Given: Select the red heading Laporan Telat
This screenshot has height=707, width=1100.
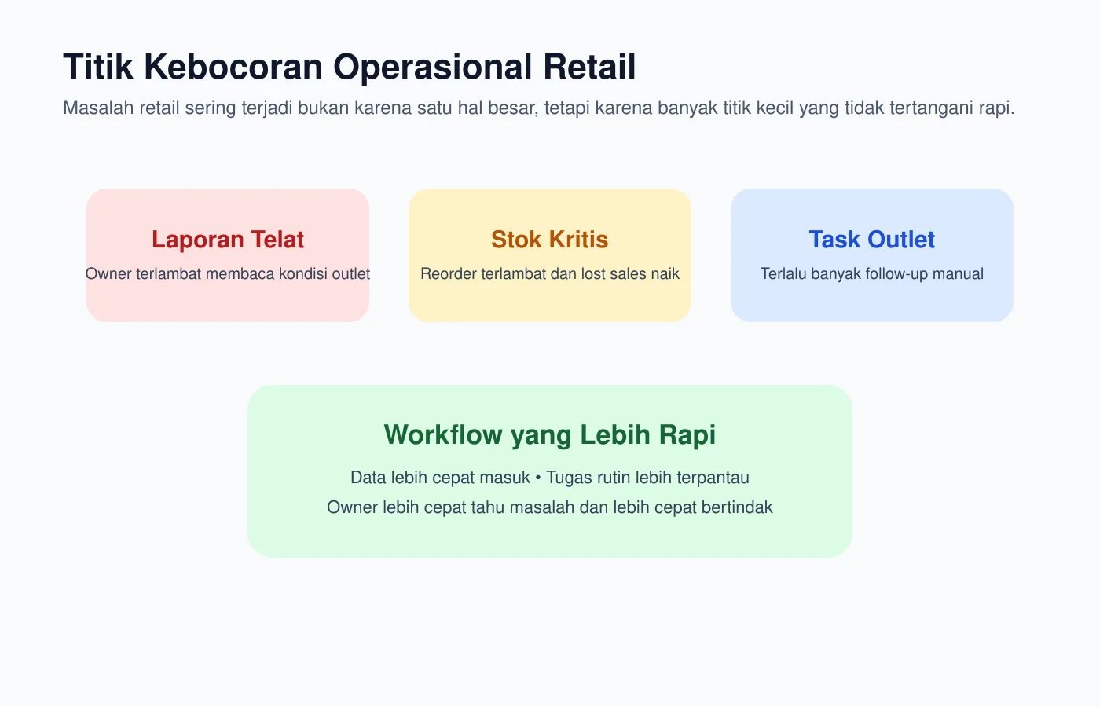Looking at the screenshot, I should click(228, 240).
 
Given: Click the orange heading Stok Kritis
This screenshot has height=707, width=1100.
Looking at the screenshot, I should click(550, 240).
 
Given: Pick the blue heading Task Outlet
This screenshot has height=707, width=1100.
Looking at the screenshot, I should click(872, 240).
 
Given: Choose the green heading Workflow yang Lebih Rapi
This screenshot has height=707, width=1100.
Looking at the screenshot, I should click(550, 435).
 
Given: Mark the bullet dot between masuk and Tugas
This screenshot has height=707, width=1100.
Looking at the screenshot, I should click(538, 478).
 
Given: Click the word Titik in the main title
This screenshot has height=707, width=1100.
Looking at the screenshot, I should click(99, 68).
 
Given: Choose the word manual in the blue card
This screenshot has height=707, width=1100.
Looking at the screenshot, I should click(958, 274).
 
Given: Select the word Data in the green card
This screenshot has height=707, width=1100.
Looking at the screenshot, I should click(368, 478).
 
